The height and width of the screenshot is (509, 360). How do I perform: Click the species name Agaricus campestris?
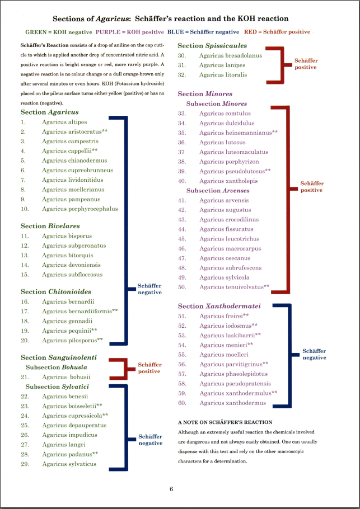click(x=69, y=142)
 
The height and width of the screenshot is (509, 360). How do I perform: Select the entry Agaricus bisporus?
click(x=67, y=236)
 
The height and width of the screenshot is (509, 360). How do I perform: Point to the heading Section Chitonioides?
click(x=56, y=292)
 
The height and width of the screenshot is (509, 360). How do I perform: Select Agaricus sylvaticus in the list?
click(x=69, y=464)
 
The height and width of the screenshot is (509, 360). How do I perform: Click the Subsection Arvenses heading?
click(x=218, y=191)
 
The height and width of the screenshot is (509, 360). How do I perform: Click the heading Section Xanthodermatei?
click(x=219, y=307)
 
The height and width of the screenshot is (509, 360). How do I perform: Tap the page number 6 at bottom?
click(x=171, y=489)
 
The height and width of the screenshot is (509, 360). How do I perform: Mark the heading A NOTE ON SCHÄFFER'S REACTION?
click(x=225, y=422)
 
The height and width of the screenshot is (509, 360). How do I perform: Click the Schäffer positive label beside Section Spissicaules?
click(x=306, y=63)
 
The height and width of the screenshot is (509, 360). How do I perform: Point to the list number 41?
click(x=182, y=200)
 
